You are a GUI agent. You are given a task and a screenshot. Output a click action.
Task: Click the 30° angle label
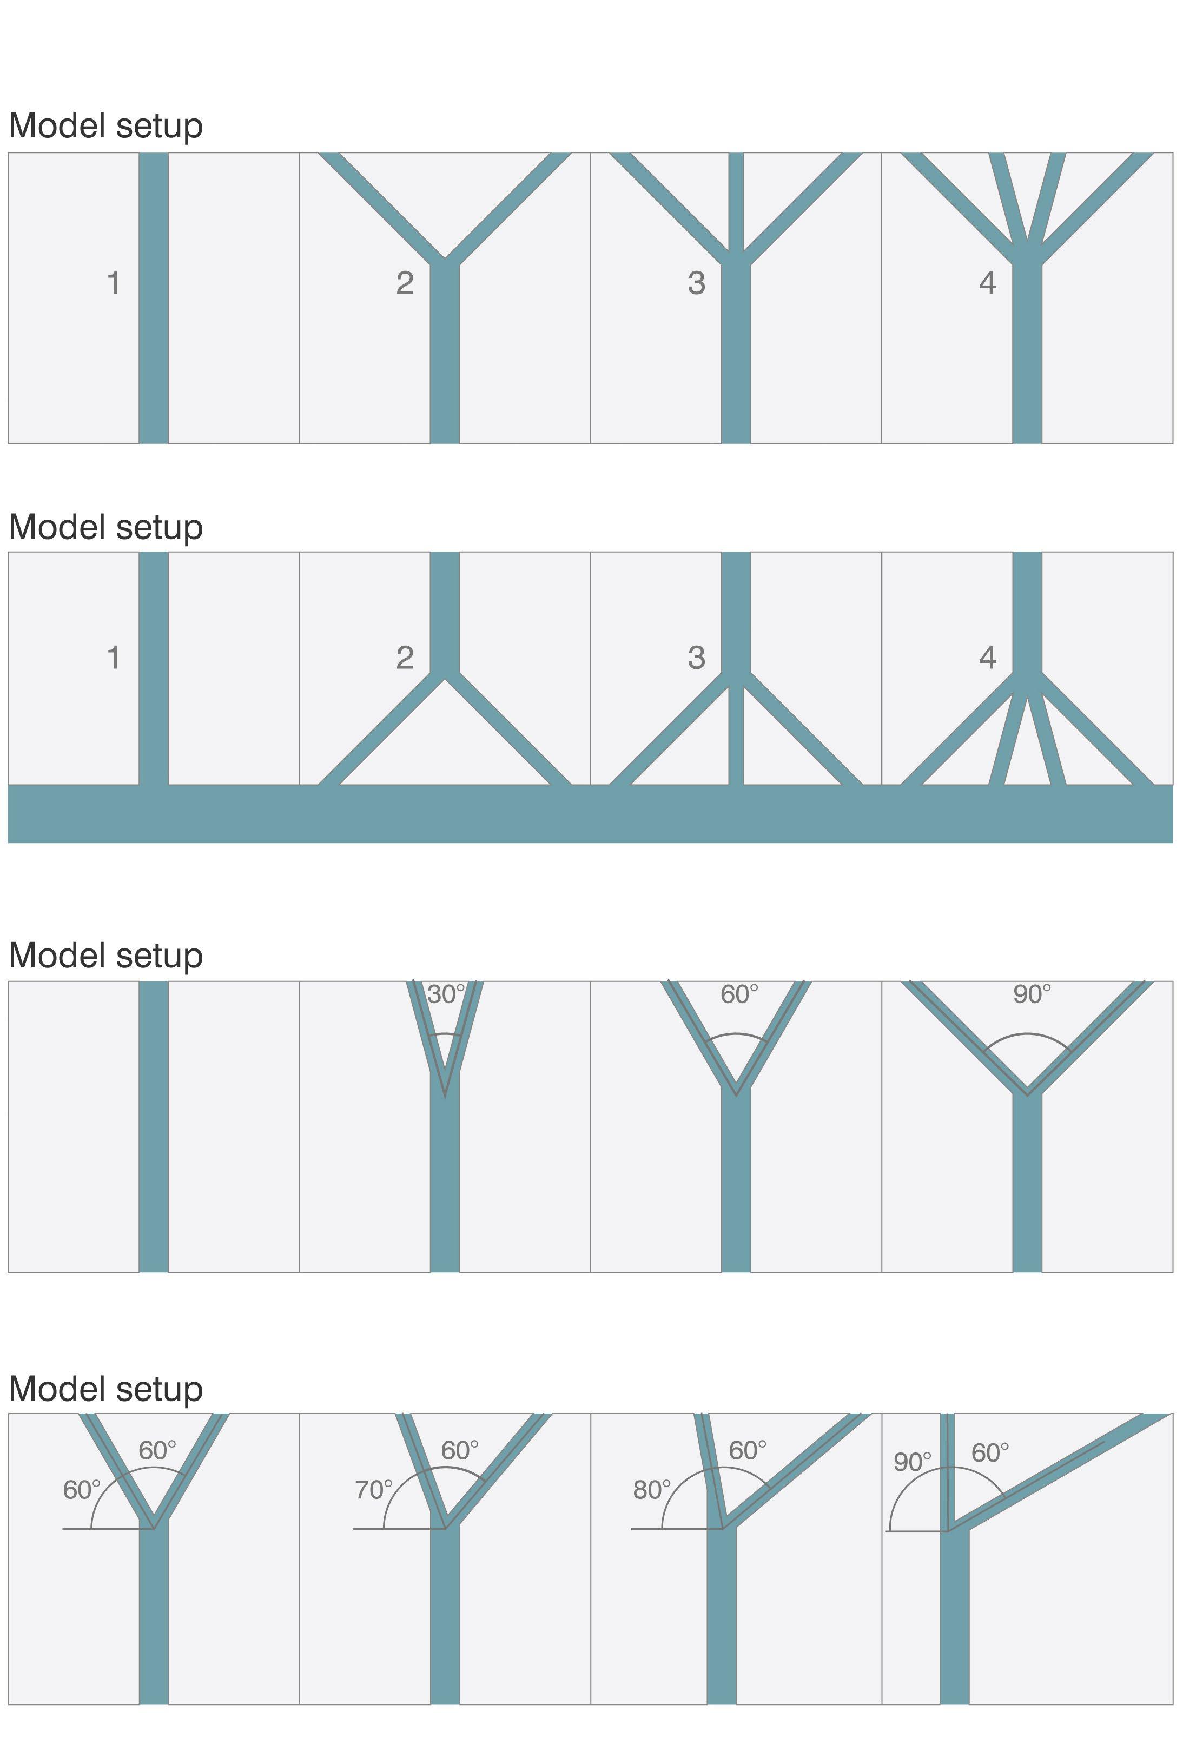[446, 995]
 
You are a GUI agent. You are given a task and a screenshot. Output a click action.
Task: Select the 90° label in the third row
[1032, 995]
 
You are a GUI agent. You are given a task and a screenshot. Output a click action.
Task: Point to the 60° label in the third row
[739, 995]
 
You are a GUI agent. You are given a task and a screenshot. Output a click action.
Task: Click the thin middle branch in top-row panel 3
[736, 199]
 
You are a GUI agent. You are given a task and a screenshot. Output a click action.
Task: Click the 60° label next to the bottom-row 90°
[990, 1453]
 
